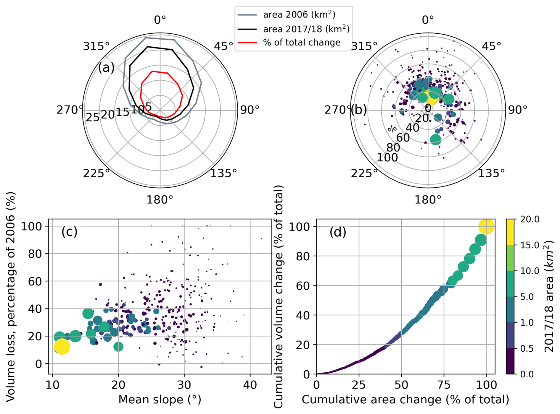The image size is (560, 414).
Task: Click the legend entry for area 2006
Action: tap(299, 15)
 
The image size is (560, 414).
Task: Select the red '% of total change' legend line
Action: tap(247, 43)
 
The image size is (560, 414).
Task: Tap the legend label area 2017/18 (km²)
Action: tap(306, 29)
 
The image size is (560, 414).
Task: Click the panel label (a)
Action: tap(106, 68)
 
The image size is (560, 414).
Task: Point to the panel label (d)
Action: tap(338, 232)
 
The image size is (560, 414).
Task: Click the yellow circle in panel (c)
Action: tap(62, 346)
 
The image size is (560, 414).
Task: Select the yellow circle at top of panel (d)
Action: tap(486, 226)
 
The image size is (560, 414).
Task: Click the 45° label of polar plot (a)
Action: tap(224, 46)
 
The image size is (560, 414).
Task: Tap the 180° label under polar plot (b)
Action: tap(427, 200)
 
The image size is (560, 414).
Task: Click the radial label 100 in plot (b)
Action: tap(387, 158)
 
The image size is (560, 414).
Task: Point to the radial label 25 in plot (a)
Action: tap(93, 118)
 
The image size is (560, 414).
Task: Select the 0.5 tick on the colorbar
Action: tap(527, 348)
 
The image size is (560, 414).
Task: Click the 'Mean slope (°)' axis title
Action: tap(160, 400)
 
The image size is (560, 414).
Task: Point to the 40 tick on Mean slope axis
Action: tap(250, 385)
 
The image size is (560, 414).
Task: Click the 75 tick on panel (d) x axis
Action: tap(444, 385)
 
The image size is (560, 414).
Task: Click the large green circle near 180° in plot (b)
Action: tap(435, 139)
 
